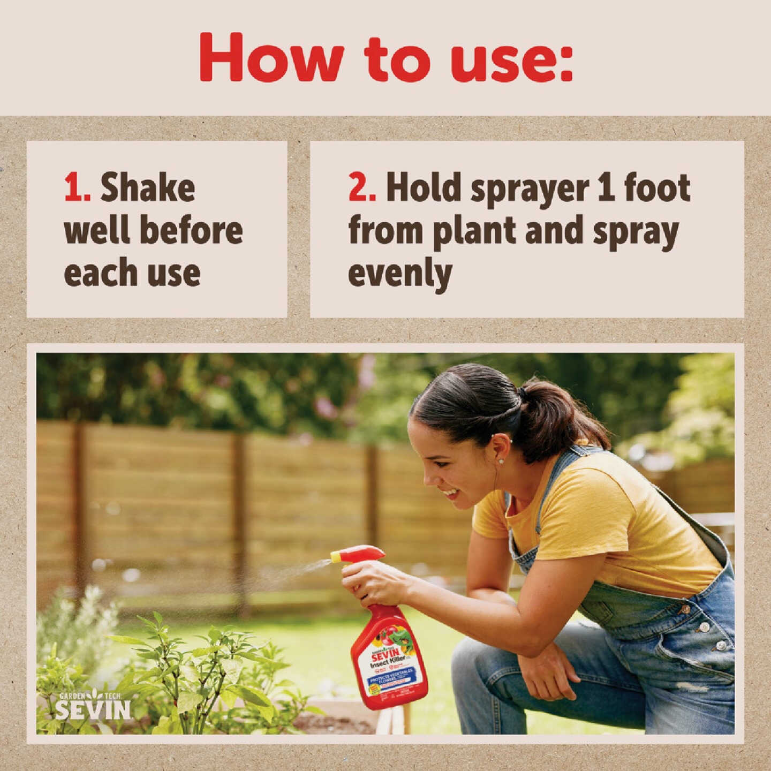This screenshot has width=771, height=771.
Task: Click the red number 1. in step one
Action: (77, 188)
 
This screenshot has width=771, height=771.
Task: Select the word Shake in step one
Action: (148, 188)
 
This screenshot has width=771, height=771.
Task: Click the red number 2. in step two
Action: (362, 188)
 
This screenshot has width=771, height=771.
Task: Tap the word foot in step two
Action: (657, 188)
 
